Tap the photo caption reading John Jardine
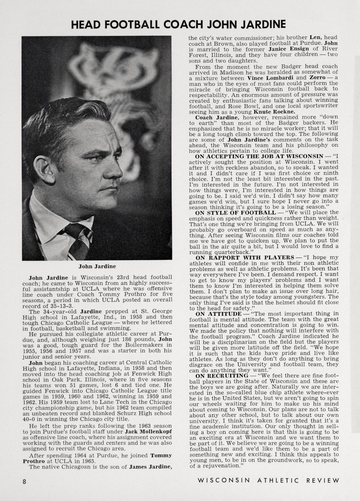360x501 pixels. coord(97,266)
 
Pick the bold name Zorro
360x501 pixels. coord(317,78)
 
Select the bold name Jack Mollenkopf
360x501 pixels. coord(148,432)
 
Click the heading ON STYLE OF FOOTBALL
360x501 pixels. coord(235,212)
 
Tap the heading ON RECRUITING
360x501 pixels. coord(222,375)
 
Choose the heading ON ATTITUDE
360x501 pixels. coord(218,314)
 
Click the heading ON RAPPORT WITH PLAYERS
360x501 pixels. coord(244,257)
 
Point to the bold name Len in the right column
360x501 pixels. coord(314,37)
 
